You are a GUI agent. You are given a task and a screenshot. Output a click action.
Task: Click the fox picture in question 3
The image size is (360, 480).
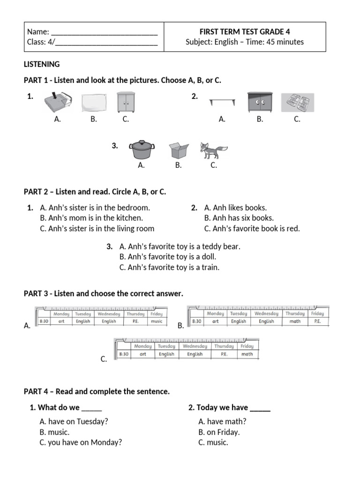(213, 150)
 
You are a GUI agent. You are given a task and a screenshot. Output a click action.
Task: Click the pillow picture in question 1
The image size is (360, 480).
(94, 103)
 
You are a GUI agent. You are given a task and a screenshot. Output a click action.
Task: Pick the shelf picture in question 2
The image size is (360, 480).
(222, 102)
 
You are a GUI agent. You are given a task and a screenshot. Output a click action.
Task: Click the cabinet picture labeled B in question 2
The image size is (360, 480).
(260, 102)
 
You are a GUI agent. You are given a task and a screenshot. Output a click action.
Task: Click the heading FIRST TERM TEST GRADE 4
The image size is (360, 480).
(245, 32)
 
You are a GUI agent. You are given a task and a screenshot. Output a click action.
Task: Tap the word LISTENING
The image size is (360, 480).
(42, 64)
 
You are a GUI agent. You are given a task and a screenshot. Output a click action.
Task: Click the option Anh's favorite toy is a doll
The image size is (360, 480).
(168, 257)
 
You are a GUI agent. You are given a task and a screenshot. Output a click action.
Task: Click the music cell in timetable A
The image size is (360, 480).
(156, 322)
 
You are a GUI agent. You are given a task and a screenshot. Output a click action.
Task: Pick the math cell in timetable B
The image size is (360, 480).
(295, 322)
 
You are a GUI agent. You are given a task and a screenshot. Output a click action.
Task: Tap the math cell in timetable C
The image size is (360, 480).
(247, 354)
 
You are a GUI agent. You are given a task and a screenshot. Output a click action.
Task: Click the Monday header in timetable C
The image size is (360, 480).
(143, 346)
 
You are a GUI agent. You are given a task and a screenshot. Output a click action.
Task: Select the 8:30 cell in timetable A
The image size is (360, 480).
(44, 322)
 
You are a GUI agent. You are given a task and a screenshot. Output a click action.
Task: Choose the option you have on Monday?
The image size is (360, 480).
(81, 442)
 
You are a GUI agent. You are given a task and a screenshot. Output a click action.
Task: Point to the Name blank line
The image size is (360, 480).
(104, 32)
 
